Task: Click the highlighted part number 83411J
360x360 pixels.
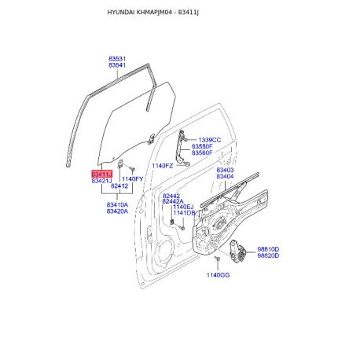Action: pyautogui.click(x=101, y=174)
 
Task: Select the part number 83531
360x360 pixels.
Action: pyautogui.click(x=117, y=59)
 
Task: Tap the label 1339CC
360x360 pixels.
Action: pyautogui.click(x=210, y=140)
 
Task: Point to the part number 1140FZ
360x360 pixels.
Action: pyautogui.click(x=163, y=166)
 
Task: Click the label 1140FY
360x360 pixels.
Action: pyautogui.click(x=132, y=179)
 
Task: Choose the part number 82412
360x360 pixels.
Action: pyautogui.click(x=119, y=186)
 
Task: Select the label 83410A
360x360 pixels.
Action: pyautogui.click(x=117, y=204)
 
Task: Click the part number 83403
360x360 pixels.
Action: pyautogui.click(x=225, y=170)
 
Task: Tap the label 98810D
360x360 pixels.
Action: pyautogui.click(x=268, y=249)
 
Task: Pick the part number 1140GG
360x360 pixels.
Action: pyautogui.click(x=218, y=275)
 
